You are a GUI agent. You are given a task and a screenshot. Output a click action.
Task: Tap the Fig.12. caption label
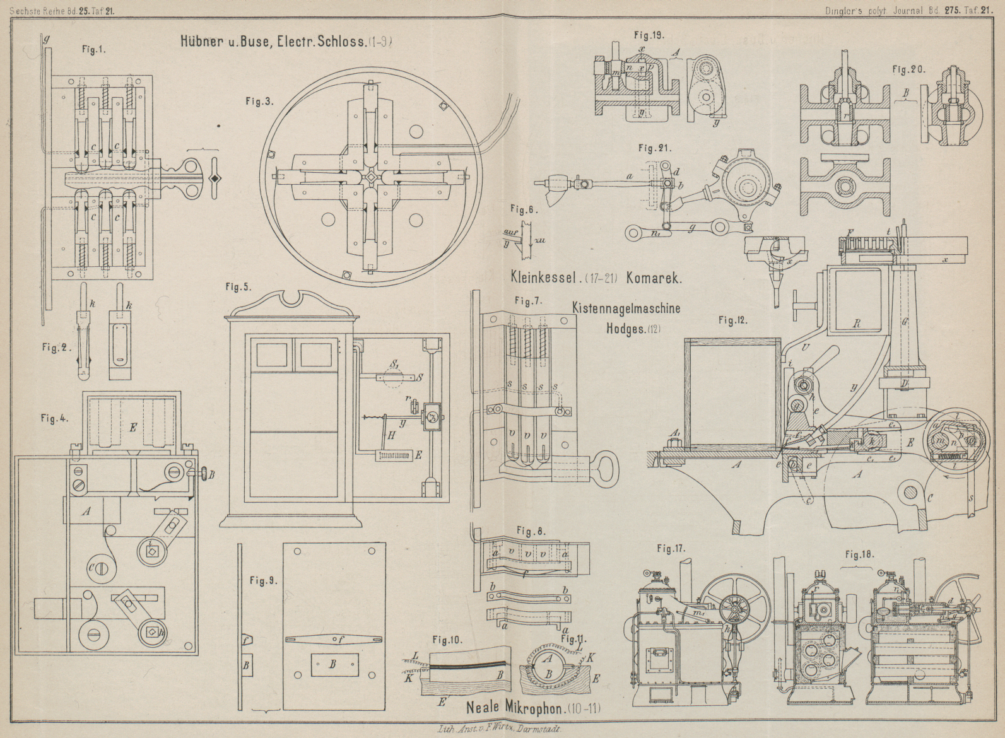click(732, 320)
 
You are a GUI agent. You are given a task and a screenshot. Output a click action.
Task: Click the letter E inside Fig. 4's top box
click(133, 426)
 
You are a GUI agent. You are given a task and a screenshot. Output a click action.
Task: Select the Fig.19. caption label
click(650, 35)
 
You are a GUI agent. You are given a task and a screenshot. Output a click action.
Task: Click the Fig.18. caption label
click(859, 555)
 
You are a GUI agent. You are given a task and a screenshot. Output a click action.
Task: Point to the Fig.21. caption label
click(654, 149)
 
